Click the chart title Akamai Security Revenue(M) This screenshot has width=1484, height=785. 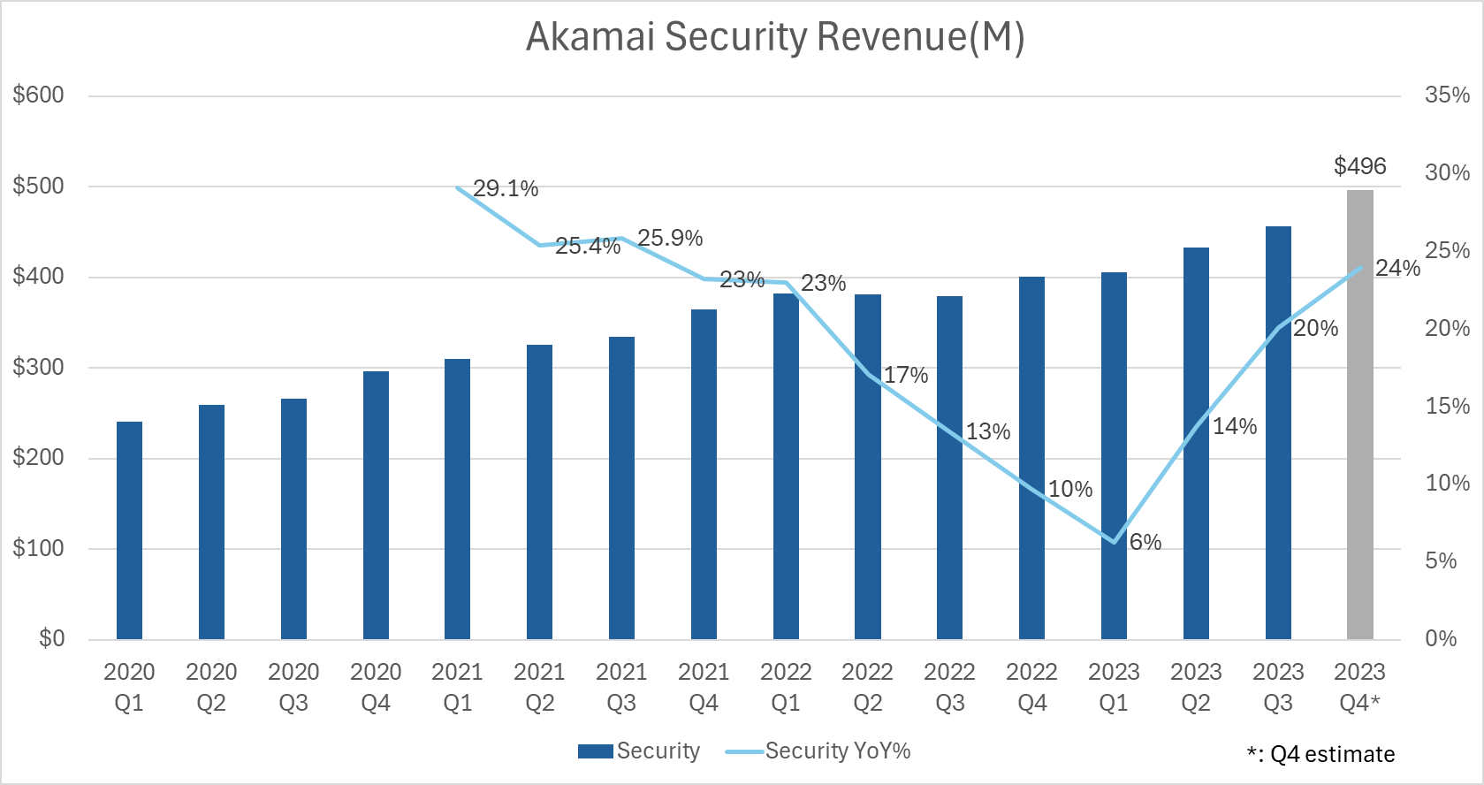[x=775, y=37]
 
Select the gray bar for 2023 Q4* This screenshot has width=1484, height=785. [x=1359, y=415]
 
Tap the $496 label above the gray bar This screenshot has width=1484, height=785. [x=1359, y=166]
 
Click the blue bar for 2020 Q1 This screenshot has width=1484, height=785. [x=129, y=530]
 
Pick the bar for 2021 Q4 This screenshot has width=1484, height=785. [x=704, y=477]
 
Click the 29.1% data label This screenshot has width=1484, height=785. [x=506, y=188]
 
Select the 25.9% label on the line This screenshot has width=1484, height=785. [x=670, y=238]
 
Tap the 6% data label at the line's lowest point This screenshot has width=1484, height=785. [x=1145, y=542]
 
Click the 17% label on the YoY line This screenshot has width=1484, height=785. [x=906, y=375]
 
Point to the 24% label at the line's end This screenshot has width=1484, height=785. [x=1397, y=268]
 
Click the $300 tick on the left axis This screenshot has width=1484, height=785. [x=39, y=367]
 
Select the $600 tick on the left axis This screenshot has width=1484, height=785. [x=39, y=95]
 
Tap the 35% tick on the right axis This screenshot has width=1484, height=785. [x=1447, y=95]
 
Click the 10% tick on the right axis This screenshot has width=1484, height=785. [x=1447, y=483]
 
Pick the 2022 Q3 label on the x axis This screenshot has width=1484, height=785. [x=949, y=687]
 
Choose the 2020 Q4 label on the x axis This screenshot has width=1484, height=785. [x=376, y=687]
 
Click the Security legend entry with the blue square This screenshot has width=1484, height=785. [x=639, y=751]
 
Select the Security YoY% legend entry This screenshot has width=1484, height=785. [x=818, y=751]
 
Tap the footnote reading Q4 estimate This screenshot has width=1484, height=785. [x=1320, y=754]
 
